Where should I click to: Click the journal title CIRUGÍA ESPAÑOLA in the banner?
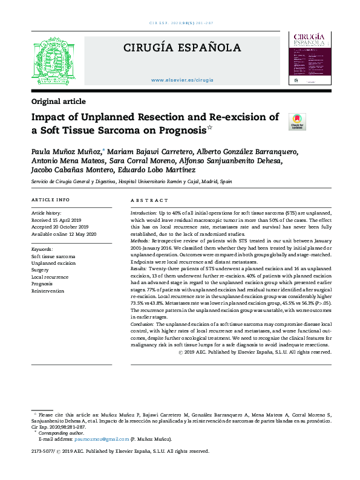coord(182,48)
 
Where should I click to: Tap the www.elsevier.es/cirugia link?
coord(182,80)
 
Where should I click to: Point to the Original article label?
coord(58,102)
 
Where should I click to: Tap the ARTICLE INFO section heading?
coord(50,199)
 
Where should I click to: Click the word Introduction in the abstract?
coord(143,215)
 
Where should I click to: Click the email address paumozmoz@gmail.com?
coord(90,439)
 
